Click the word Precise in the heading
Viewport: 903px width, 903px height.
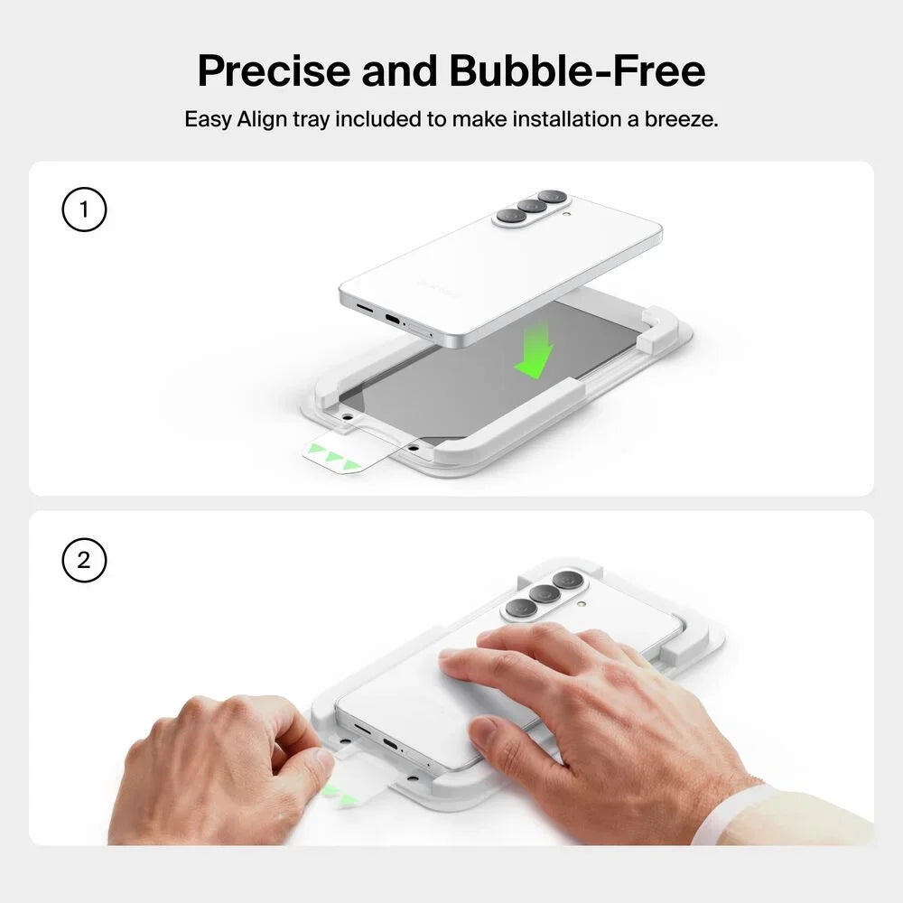tap(274, 70)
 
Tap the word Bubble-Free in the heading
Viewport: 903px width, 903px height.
tap(577, 70)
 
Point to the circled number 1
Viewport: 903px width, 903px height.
tap(84, 209)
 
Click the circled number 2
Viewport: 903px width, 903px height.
tap(84, 560)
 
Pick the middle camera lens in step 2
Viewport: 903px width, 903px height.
tap(545, 592)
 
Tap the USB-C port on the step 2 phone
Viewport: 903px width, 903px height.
tap(390, 744)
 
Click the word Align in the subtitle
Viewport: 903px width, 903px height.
tap(262, 120)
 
